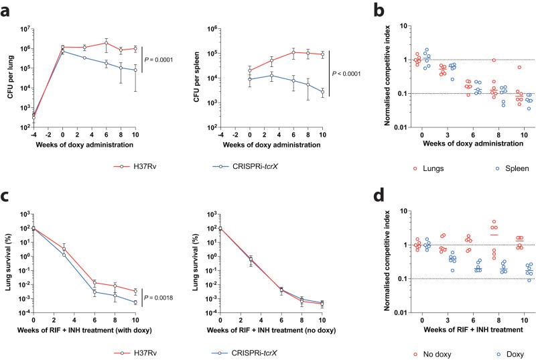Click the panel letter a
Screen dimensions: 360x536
[7, 9]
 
